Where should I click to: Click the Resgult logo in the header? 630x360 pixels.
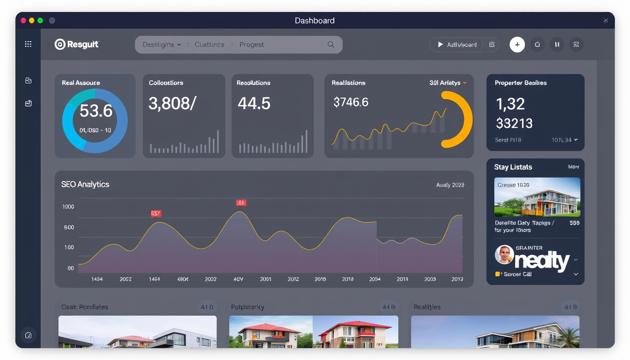coord(77,45)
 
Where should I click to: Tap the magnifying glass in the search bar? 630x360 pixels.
coord(330,45)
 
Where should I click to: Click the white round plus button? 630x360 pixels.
coord(517,45)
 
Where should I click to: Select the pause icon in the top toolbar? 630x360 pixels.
coord(556,45)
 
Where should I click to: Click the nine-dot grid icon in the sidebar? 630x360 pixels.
coord(28,44)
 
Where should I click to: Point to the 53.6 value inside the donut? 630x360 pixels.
coord(96,111)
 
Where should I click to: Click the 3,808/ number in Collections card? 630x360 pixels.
coord(172,103)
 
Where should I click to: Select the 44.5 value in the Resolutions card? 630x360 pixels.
coord(254,103)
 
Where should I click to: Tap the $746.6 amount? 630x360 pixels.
coord(351,102)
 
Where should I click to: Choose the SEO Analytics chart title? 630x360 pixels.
coord(85,184)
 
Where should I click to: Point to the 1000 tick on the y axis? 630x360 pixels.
coord(68,207)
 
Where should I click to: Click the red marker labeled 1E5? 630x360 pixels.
coord(240,203)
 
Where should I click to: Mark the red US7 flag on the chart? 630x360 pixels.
coord(156,213)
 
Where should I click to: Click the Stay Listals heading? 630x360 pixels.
coord(513,167)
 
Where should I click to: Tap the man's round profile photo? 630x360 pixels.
coord(504,255)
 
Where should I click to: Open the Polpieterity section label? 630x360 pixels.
coord(247,307)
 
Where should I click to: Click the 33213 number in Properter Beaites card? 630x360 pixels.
coord(514,123)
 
